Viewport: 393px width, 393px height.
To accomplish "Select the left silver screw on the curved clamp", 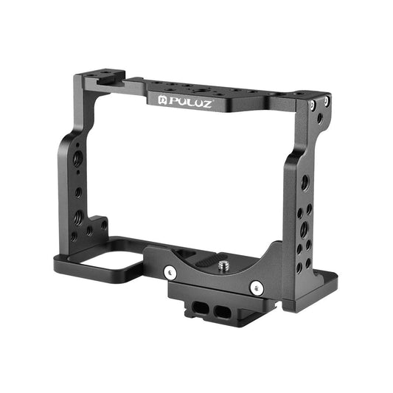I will pos(172,272).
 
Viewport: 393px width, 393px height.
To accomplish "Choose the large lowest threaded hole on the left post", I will pos(77,219).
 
